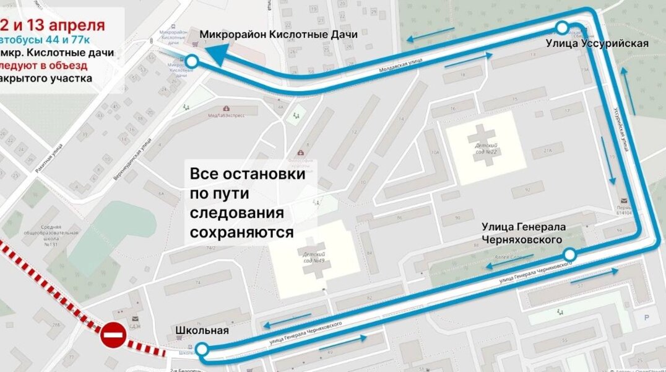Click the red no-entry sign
coord(113,335)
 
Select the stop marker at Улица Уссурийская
coord(562,27)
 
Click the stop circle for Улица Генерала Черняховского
coord(569,255)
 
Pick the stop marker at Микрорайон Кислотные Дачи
coord(192,61)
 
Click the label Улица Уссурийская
coord(597,43)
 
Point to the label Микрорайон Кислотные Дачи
coord(279,35)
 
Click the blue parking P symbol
coord(646,317)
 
